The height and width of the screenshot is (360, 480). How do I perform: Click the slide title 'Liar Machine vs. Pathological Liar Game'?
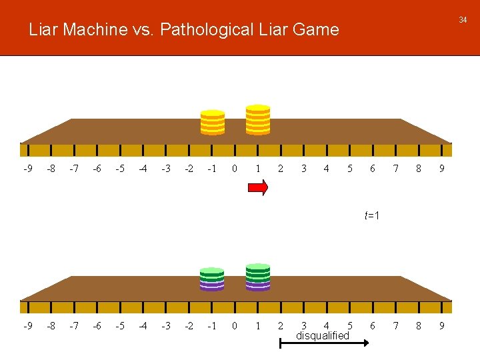point(184,29)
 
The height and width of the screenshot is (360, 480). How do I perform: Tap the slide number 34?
point(463,20)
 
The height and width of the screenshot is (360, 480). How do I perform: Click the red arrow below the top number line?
point(258,189)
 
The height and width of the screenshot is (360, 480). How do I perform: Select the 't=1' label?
point(372,215)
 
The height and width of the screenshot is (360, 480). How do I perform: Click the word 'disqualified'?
point(322,335)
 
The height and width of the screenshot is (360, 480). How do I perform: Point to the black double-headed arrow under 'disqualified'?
point(325,343)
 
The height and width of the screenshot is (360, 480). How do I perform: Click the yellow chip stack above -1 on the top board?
point(213,122)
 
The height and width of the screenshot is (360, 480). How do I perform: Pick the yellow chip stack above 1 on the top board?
point(258,120)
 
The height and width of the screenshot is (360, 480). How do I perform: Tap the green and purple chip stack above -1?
point(212,279)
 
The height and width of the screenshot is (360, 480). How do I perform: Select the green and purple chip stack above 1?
point(258,277)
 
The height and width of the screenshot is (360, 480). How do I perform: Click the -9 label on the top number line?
point(27,169)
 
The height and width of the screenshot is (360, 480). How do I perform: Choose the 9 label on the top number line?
point(441,169)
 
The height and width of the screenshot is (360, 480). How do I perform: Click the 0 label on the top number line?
point(234,169)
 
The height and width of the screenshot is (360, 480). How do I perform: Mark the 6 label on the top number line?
point(373,169)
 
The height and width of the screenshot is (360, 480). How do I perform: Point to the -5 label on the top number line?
point(119,169)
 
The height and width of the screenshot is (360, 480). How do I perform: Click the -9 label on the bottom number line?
point(27,326)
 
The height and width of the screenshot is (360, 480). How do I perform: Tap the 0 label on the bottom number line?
point(234,326)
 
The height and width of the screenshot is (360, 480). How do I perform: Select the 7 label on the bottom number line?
point(395,326)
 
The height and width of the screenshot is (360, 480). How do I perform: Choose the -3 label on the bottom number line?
point(165,326)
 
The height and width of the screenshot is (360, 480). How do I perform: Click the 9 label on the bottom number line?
point(441,326)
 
